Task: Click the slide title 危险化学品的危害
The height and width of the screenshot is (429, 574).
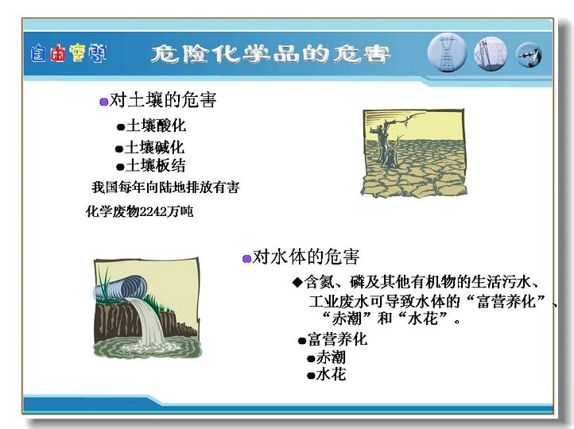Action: (x=270, y=55)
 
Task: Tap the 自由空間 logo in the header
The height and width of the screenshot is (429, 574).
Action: (x=68, y=53)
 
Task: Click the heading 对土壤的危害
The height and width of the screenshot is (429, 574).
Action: (x=163, y=100)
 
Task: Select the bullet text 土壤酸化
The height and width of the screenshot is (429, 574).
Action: (x=156, y=126)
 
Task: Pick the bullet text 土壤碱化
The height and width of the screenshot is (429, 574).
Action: (x=154, y=148)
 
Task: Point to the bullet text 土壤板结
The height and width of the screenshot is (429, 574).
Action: (x=156, y=166)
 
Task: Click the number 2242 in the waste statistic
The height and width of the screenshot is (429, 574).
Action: (x=153, y=212)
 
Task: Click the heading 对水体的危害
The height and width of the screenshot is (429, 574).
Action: (x=306, y=257)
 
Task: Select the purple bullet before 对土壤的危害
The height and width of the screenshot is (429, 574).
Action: (x=104, y=102)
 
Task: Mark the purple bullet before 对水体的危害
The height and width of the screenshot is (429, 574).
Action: (x=247, y=259)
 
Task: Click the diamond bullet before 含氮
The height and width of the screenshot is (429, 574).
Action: (x=297, y=282)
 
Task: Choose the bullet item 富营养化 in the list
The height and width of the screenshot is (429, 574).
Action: (x=337, y=339)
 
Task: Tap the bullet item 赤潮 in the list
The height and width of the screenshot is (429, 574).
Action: (x=331, y=357)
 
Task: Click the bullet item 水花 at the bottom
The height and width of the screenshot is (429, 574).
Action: (x=331, y=374)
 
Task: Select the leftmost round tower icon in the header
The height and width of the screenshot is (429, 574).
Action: (x=447, y=53)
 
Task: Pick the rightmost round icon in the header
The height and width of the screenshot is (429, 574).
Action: (x=529, y=56)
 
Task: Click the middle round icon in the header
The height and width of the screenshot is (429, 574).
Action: (x=491, y=55)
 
